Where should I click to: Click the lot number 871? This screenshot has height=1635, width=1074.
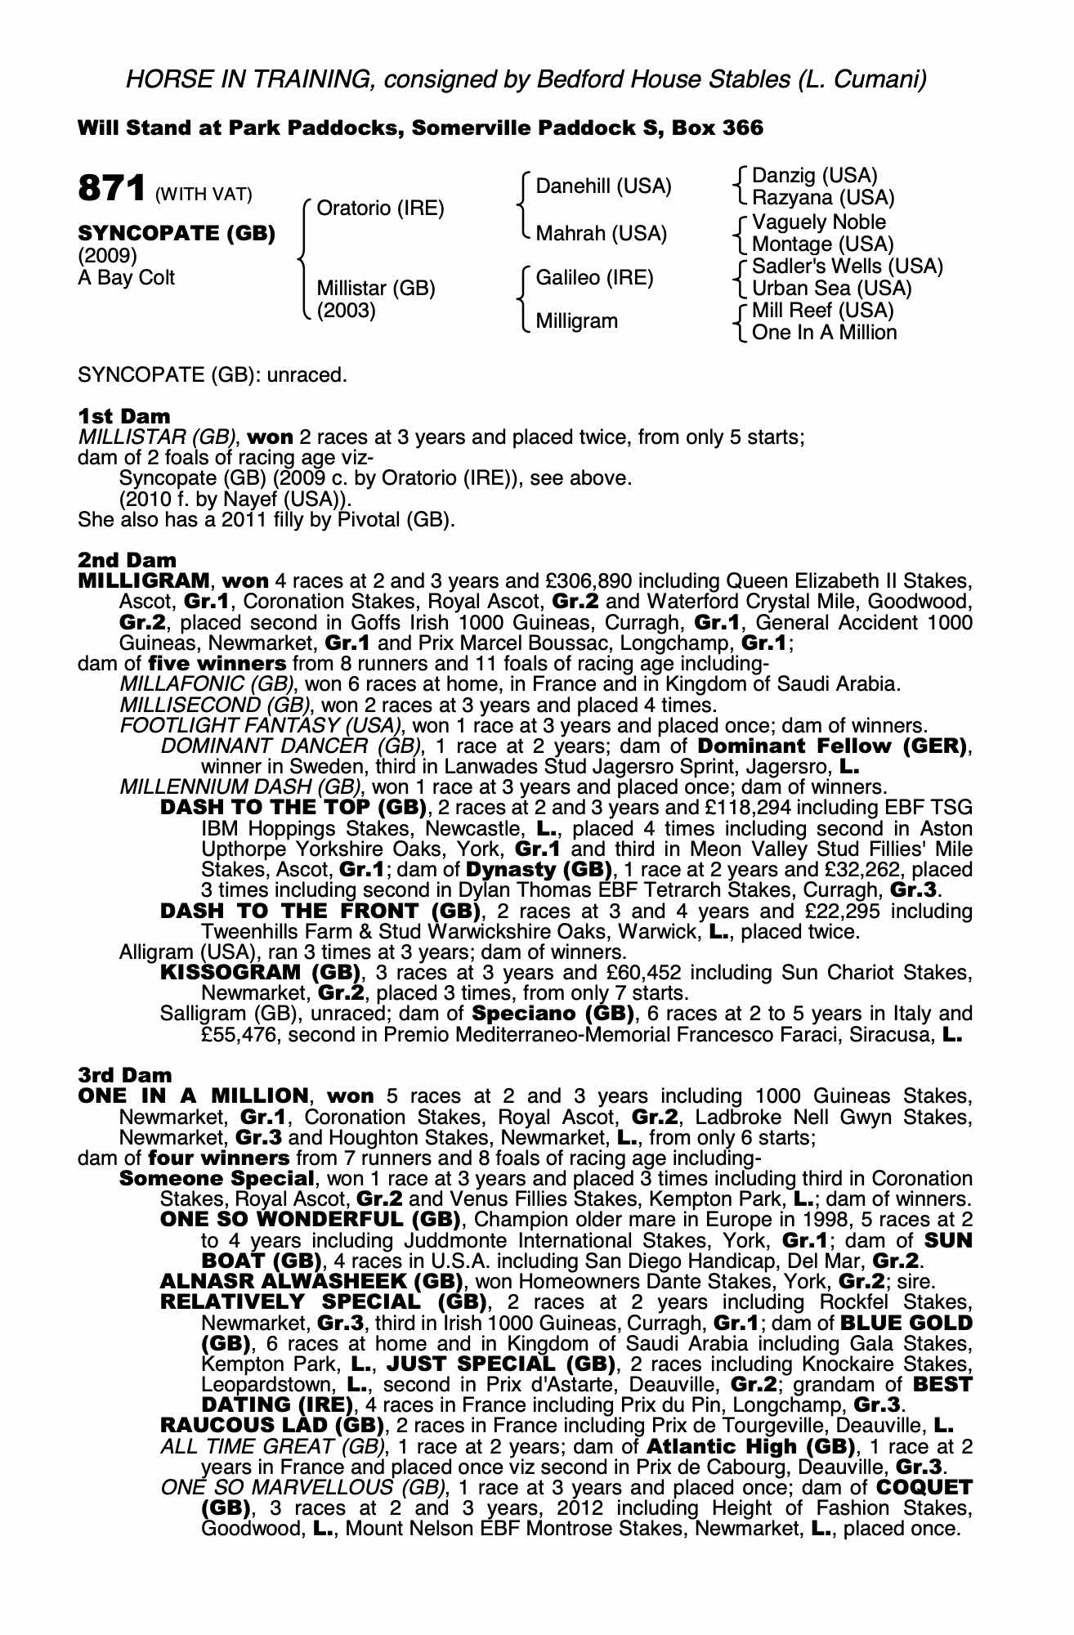pyautogui.click(x=111, y=189)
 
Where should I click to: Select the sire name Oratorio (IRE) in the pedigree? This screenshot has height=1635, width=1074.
pyautogui.click(x=380, y=208)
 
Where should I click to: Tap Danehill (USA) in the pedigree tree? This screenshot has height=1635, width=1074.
pyautogui.click(x=603, y=186)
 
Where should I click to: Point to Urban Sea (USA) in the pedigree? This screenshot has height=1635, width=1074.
pyautogui.click(x=831, y=289)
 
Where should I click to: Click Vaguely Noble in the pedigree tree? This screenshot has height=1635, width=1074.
pyautogui.click(x=818, y=222)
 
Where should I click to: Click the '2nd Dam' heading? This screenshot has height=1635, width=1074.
pyautogui.click(x=127, y=561)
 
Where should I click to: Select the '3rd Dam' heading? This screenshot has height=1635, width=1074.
pyautogui.click(x=125, y=1075)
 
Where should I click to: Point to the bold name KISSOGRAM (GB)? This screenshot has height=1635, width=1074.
pyautogui.click(x=261, y=973)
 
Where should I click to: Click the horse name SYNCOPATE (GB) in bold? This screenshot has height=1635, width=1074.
pyautogui.click(x=177, y=233)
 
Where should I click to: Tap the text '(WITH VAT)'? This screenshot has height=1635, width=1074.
pyautogui.click(x=204, y=195)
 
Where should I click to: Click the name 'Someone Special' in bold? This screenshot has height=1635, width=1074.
pyautogui.click(x=217, y=1179)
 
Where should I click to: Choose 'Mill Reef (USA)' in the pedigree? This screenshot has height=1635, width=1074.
pyautogui.click(x=822, y=311)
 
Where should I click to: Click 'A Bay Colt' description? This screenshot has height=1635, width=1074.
pyautogui.click(x=127, y=278)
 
